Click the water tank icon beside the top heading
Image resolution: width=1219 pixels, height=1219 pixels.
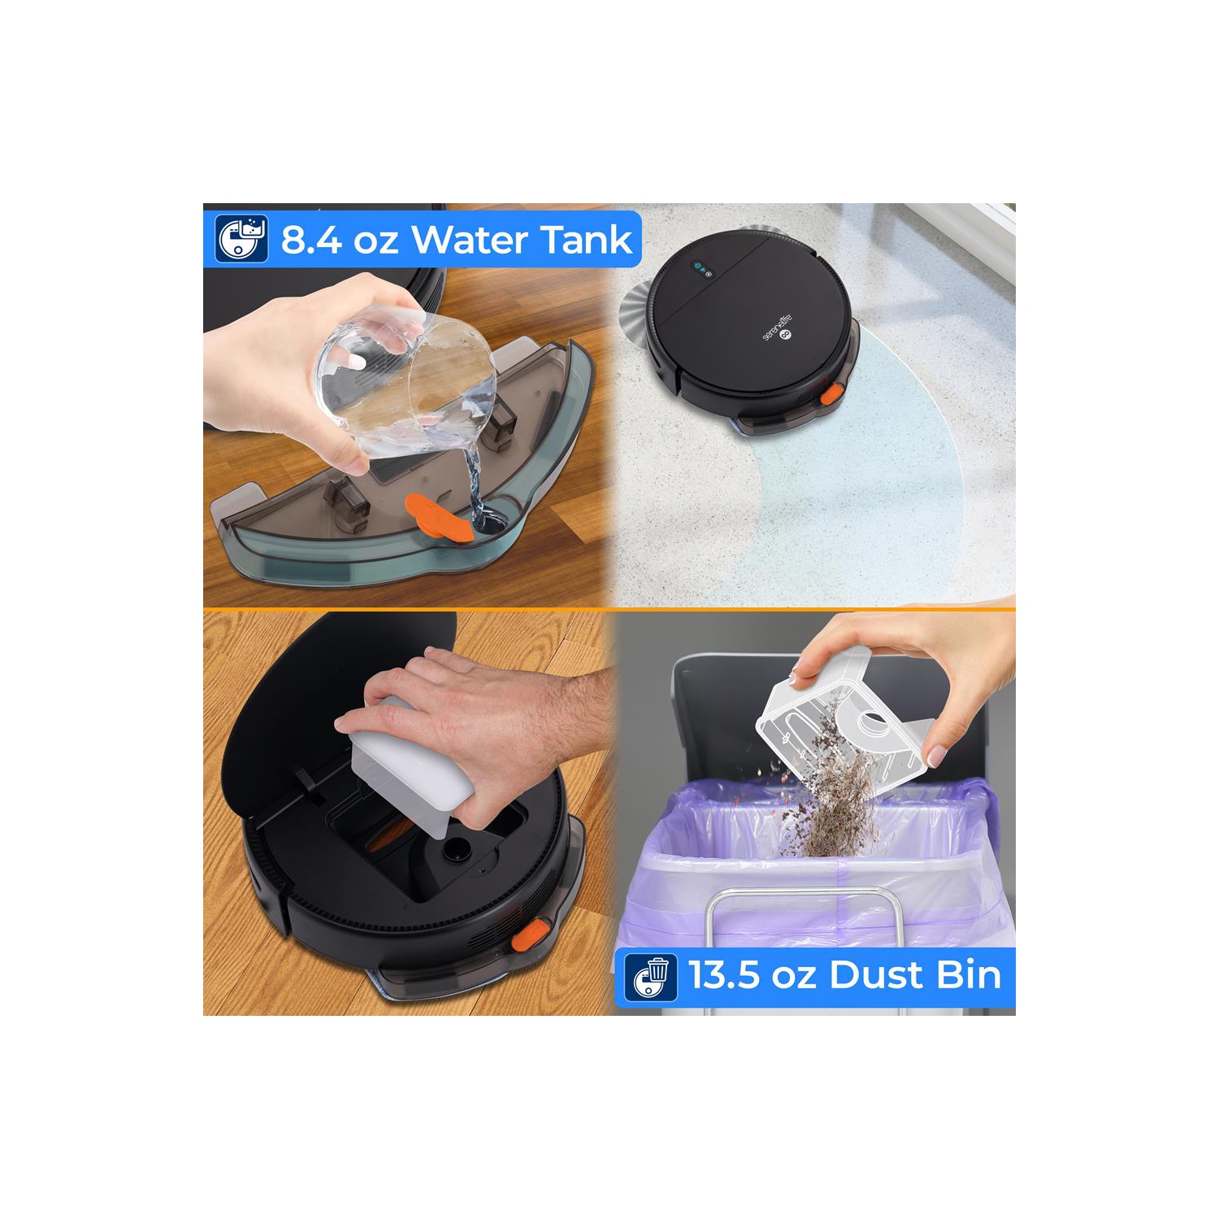(x=241, y=238)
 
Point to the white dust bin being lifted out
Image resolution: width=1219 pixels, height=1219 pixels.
(x=402, y=764)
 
